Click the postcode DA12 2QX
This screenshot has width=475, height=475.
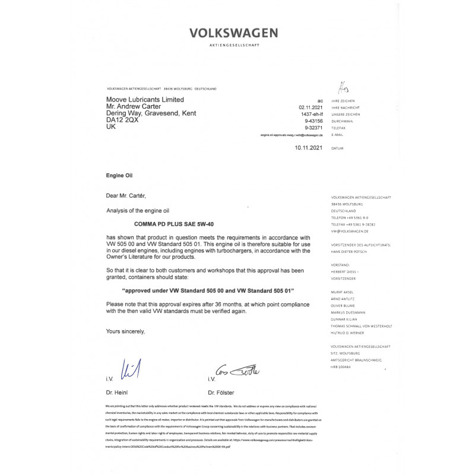coord(122,120)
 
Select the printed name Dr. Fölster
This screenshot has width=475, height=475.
coord(221,392)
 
